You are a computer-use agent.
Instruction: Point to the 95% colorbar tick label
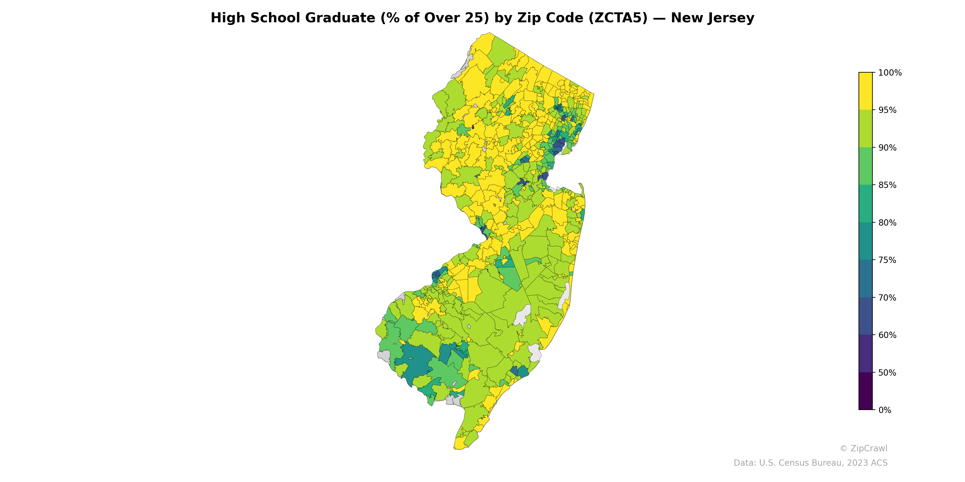tap(887, 110)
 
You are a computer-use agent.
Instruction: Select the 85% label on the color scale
tap(887, 185)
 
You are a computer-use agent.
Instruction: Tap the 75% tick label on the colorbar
tap(887, 260)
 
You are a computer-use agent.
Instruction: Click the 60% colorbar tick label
tap(887, 335)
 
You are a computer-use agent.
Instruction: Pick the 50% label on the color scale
tap(887, 373)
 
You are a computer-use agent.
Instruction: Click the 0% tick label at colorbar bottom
tap(884, 410)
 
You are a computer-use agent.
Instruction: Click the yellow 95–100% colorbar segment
tap(865, 91)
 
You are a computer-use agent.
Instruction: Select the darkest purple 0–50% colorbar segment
tap(865, 391)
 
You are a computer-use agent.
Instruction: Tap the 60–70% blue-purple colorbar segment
tap(865, 316)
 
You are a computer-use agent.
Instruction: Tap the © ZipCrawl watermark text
tap(863, 448)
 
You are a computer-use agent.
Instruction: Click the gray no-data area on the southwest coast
tap(384, 355)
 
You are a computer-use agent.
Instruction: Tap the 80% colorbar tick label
tap(887, 223)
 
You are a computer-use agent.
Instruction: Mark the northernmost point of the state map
tap(489, 33)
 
